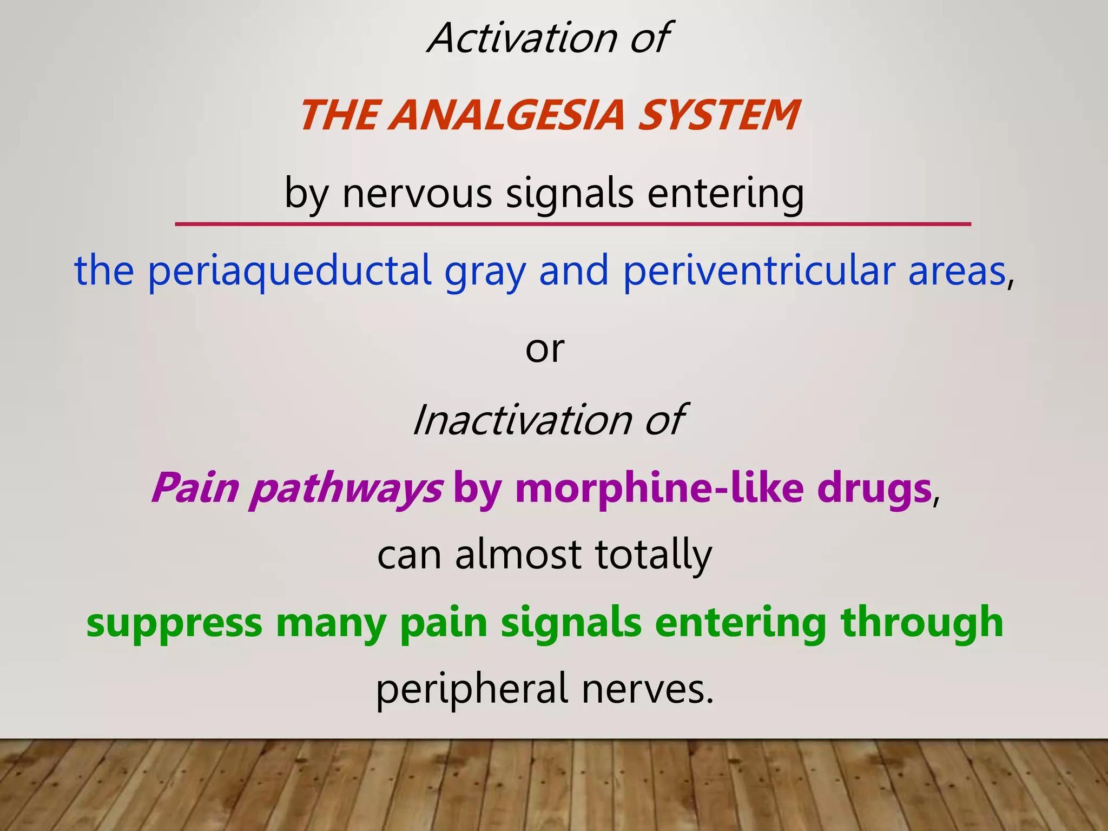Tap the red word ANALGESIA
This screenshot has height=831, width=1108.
tap(509, 115)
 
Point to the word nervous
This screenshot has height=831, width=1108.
tap(417, 193)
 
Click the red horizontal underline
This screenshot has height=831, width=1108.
tap(572, 223)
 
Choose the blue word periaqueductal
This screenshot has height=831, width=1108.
tap(289, 271)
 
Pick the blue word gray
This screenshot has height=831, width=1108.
tap(485, 271)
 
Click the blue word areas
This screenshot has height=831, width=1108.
tap(957, 271)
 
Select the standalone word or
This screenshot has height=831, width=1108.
tap(545, 349)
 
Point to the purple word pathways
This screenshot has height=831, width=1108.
tap(346, 489)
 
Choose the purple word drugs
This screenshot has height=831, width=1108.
tap(874, 489)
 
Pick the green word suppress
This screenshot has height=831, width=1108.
tap(174, 623)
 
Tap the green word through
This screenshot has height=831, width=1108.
tap(922, 623)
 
